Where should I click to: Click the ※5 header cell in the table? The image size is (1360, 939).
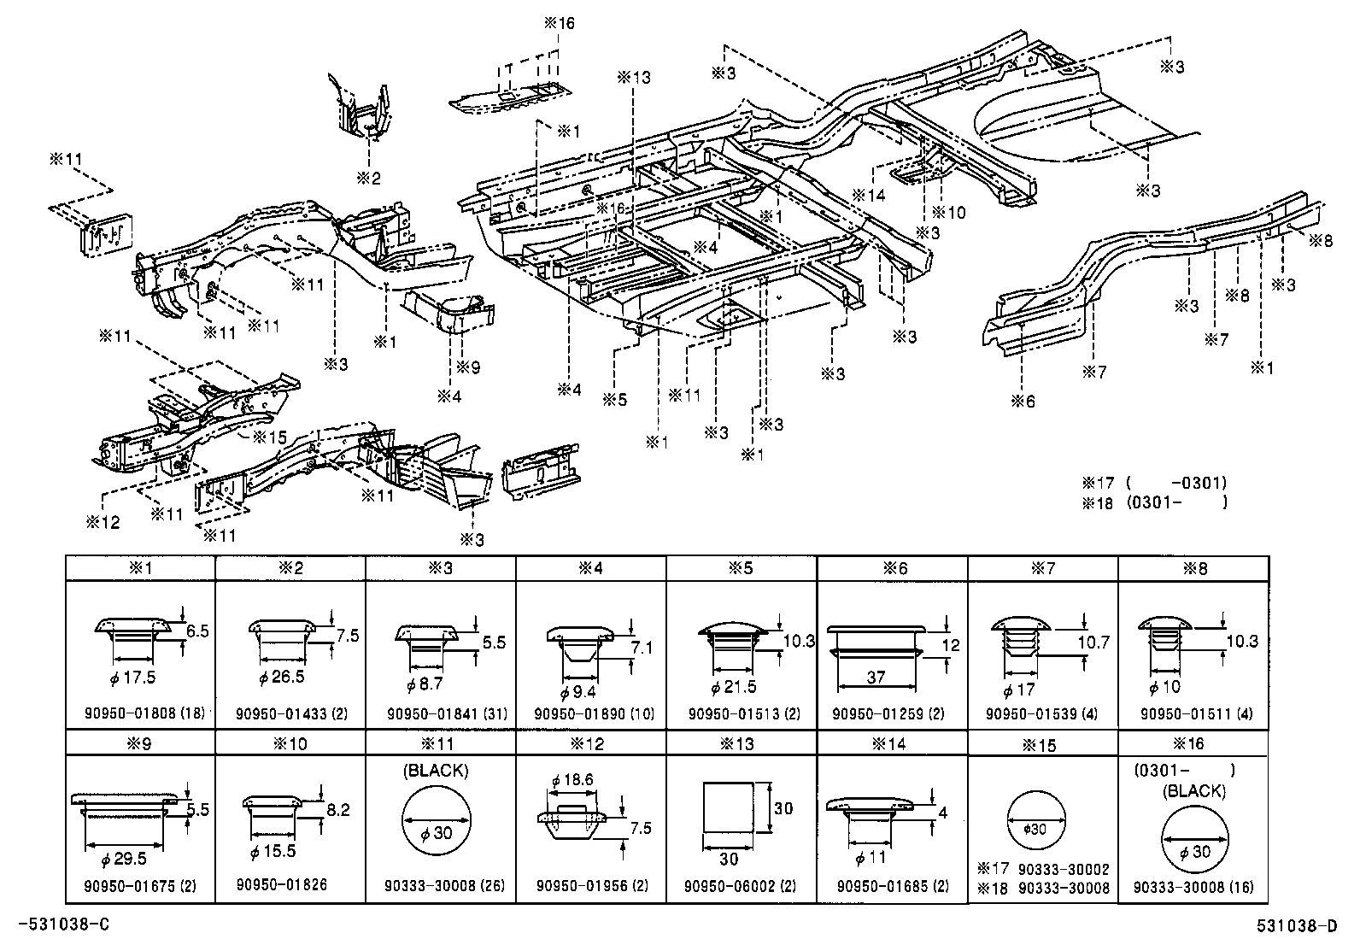point(742,568)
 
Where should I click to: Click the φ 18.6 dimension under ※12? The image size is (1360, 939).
point(572,780)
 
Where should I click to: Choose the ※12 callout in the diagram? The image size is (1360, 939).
point(102,520)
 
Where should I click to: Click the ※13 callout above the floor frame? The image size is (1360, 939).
point(634,77)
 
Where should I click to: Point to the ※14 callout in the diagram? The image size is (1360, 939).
point(870,195)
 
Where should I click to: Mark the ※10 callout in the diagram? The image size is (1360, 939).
point(949,213)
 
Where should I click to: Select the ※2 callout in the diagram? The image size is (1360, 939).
point(369,178)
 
